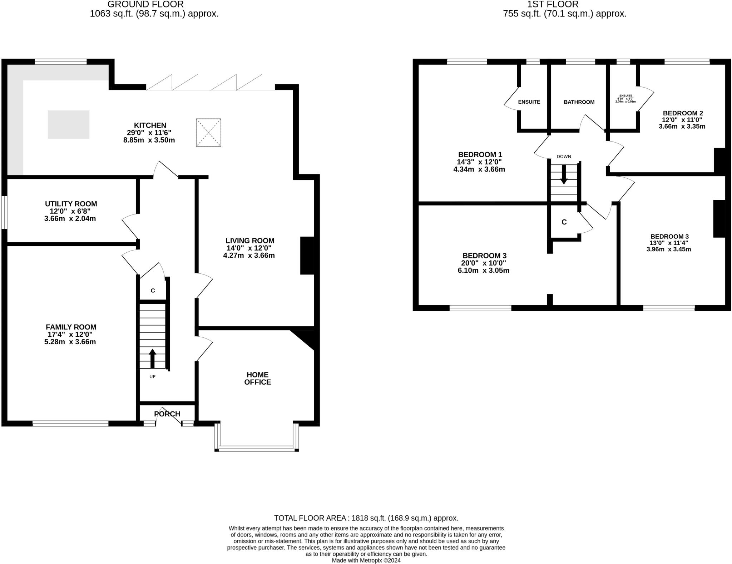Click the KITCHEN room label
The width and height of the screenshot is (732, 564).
point(150,125)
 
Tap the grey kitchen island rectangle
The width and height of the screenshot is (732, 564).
point(69,124)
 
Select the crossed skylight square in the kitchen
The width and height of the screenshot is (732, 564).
point(208,133)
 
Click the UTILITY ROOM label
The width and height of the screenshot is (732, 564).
point(71,204)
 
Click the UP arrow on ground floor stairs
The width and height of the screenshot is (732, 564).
point(152,358)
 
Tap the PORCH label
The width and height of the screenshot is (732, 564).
point(167,414)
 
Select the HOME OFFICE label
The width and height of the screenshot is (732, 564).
point(257,378)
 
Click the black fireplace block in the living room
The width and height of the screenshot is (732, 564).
point(307,256)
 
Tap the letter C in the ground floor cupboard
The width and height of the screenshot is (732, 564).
point(153,291)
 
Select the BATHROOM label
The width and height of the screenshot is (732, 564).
point(579,102)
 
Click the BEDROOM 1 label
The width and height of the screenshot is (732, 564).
point(480,155)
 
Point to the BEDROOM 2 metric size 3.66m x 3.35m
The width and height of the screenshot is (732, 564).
point(682,127)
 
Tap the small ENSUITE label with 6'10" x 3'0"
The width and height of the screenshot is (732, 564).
point(625,98)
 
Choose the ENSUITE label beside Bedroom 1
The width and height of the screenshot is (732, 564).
point(529,102)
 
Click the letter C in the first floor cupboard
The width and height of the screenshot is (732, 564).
point(564,222)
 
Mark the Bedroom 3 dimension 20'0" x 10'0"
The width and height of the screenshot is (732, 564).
point(484,263)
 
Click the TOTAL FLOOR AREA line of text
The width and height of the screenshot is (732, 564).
point(366,518)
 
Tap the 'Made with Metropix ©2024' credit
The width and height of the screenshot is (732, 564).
point(366,560)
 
